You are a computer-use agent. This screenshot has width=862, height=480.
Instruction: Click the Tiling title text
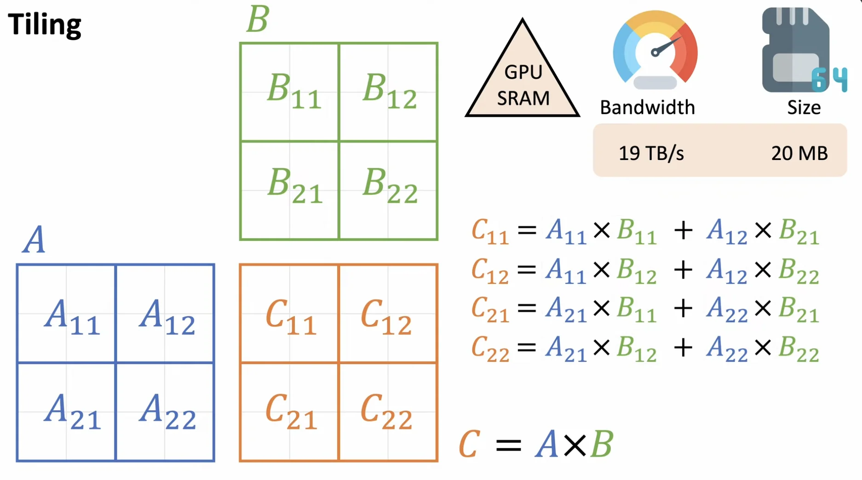pos(45,24)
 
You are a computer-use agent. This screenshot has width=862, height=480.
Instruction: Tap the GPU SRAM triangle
pos(523,78)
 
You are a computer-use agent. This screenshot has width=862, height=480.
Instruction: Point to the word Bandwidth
pos(647,108)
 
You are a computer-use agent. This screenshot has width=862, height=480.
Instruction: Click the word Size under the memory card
pos(804,108)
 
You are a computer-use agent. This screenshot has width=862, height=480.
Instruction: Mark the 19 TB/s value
pos(651,153)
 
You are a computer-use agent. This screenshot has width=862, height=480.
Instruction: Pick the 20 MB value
pos(799,153)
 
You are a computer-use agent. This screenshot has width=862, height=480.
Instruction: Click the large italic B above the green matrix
pos(258,19)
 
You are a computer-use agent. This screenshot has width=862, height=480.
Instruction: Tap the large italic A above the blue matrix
pos(34,240)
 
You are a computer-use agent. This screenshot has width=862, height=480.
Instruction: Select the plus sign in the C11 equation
pos(683,230)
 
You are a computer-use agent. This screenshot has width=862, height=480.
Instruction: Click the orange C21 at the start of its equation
pos(490,309)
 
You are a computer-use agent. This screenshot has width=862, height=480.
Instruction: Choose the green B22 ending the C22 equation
pos(799,349)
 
